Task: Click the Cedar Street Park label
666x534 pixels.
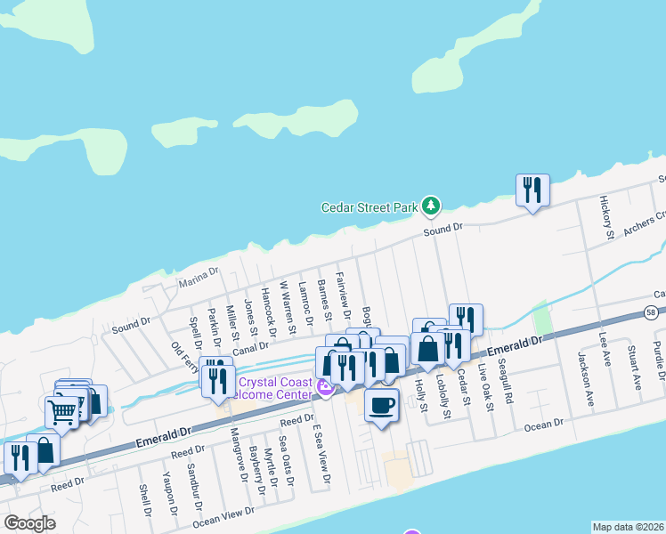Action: tap(370, 207)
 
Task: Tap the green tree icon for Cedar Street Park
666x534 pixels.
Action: tap(431, 206)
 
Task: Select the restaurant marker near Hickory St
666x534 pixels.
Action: tap(532, 190)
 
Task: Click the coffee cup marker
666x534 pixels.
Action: tap(382, 406)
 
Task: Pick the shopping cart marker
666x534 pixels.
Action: tap(61, 411)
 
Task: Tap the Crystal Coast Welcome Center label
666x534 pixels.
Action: tap(275, 388)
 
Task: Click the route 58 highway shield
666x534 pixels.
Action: tap(654, 312)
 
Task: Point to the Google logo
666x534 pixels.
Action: tap(29, 523)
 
